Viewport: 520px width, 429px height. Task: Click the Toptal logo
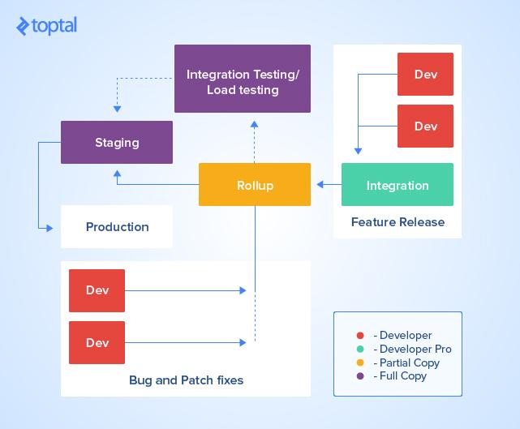46,26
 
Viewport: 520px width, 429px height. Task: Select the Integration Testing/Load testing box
243,82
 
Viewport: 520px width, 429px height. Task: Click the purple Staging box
117,143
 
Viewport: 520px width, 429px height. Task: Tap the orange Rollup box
255,185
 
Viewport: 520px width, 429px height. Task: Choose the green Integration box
398,185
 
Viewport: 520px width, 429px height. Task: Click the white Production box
117,227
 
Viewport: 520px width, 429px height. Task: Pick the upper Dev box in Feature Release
425,75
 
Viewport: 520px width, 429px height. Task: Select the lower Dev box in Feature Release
425,126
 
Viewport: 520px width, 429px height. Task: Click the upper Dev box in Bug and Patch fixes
97,290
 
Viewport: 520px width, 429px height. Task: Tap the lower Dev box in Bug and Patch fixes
97,342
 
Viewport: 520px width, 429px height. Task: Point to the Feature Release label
398,221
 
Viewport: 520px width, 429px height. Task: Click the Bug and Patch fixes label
186,380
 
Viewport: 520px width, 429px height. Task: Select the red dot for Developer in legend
359,336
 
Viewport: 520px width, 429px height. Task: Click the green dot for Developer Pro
359,350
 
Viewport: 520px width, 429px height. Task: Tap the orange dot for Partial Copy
359,363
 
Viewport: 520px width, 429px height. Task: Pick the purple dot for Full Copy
359,376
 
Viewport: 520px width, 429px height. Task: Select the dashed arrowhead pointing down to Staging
117,108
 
